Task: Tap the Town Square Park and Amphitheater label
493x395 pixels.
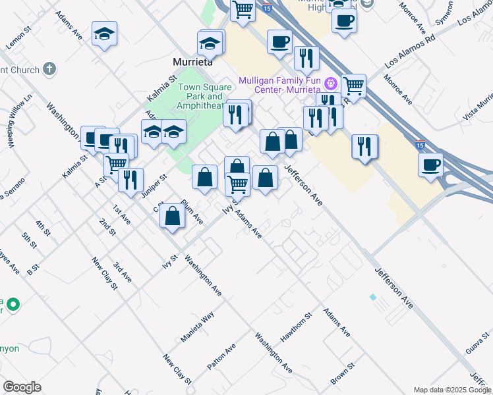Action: pyautogui.click(x=205, y=97)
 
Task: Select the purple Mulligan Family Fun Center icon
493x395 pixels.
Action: pyautogui.click(x=331, y=85)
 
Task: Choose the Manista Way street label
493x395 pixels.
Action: pyautogui.click(x=198, y=327)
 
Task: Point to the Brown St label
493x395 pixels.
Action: pyautogui.click(x=343, y=373)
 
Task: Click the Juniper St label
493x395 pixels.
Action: pyautogui.click(x=154, y=186)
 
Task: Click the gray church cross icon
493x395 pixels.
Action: pyautogui.click(x=49, y=68)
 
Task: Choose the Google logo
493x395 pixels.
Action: pyautogui.click(x=22, y=387)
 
